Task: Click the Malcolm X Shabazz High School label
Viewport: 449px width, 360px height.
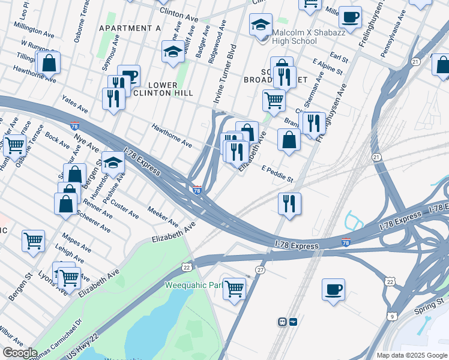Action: click(x=294, y=37)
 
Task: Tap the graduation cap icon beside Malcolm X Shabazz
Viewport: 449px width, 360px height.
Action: click(x=261, y=25)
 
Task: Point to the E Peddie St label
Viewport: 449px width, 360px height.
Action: click(x=277, y=175)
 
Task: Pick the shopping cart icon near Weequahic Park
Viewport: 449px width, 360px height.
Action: click(x=234, y=288)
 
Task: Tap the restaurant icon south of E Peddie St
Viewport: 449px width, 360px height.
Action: click(x=289, y=203)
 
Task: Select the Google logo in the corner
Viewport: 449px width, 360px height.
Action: click(x=20, y=353)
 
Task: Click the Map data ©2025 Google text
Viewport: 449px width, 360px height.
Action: click(x=412, y=355)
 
